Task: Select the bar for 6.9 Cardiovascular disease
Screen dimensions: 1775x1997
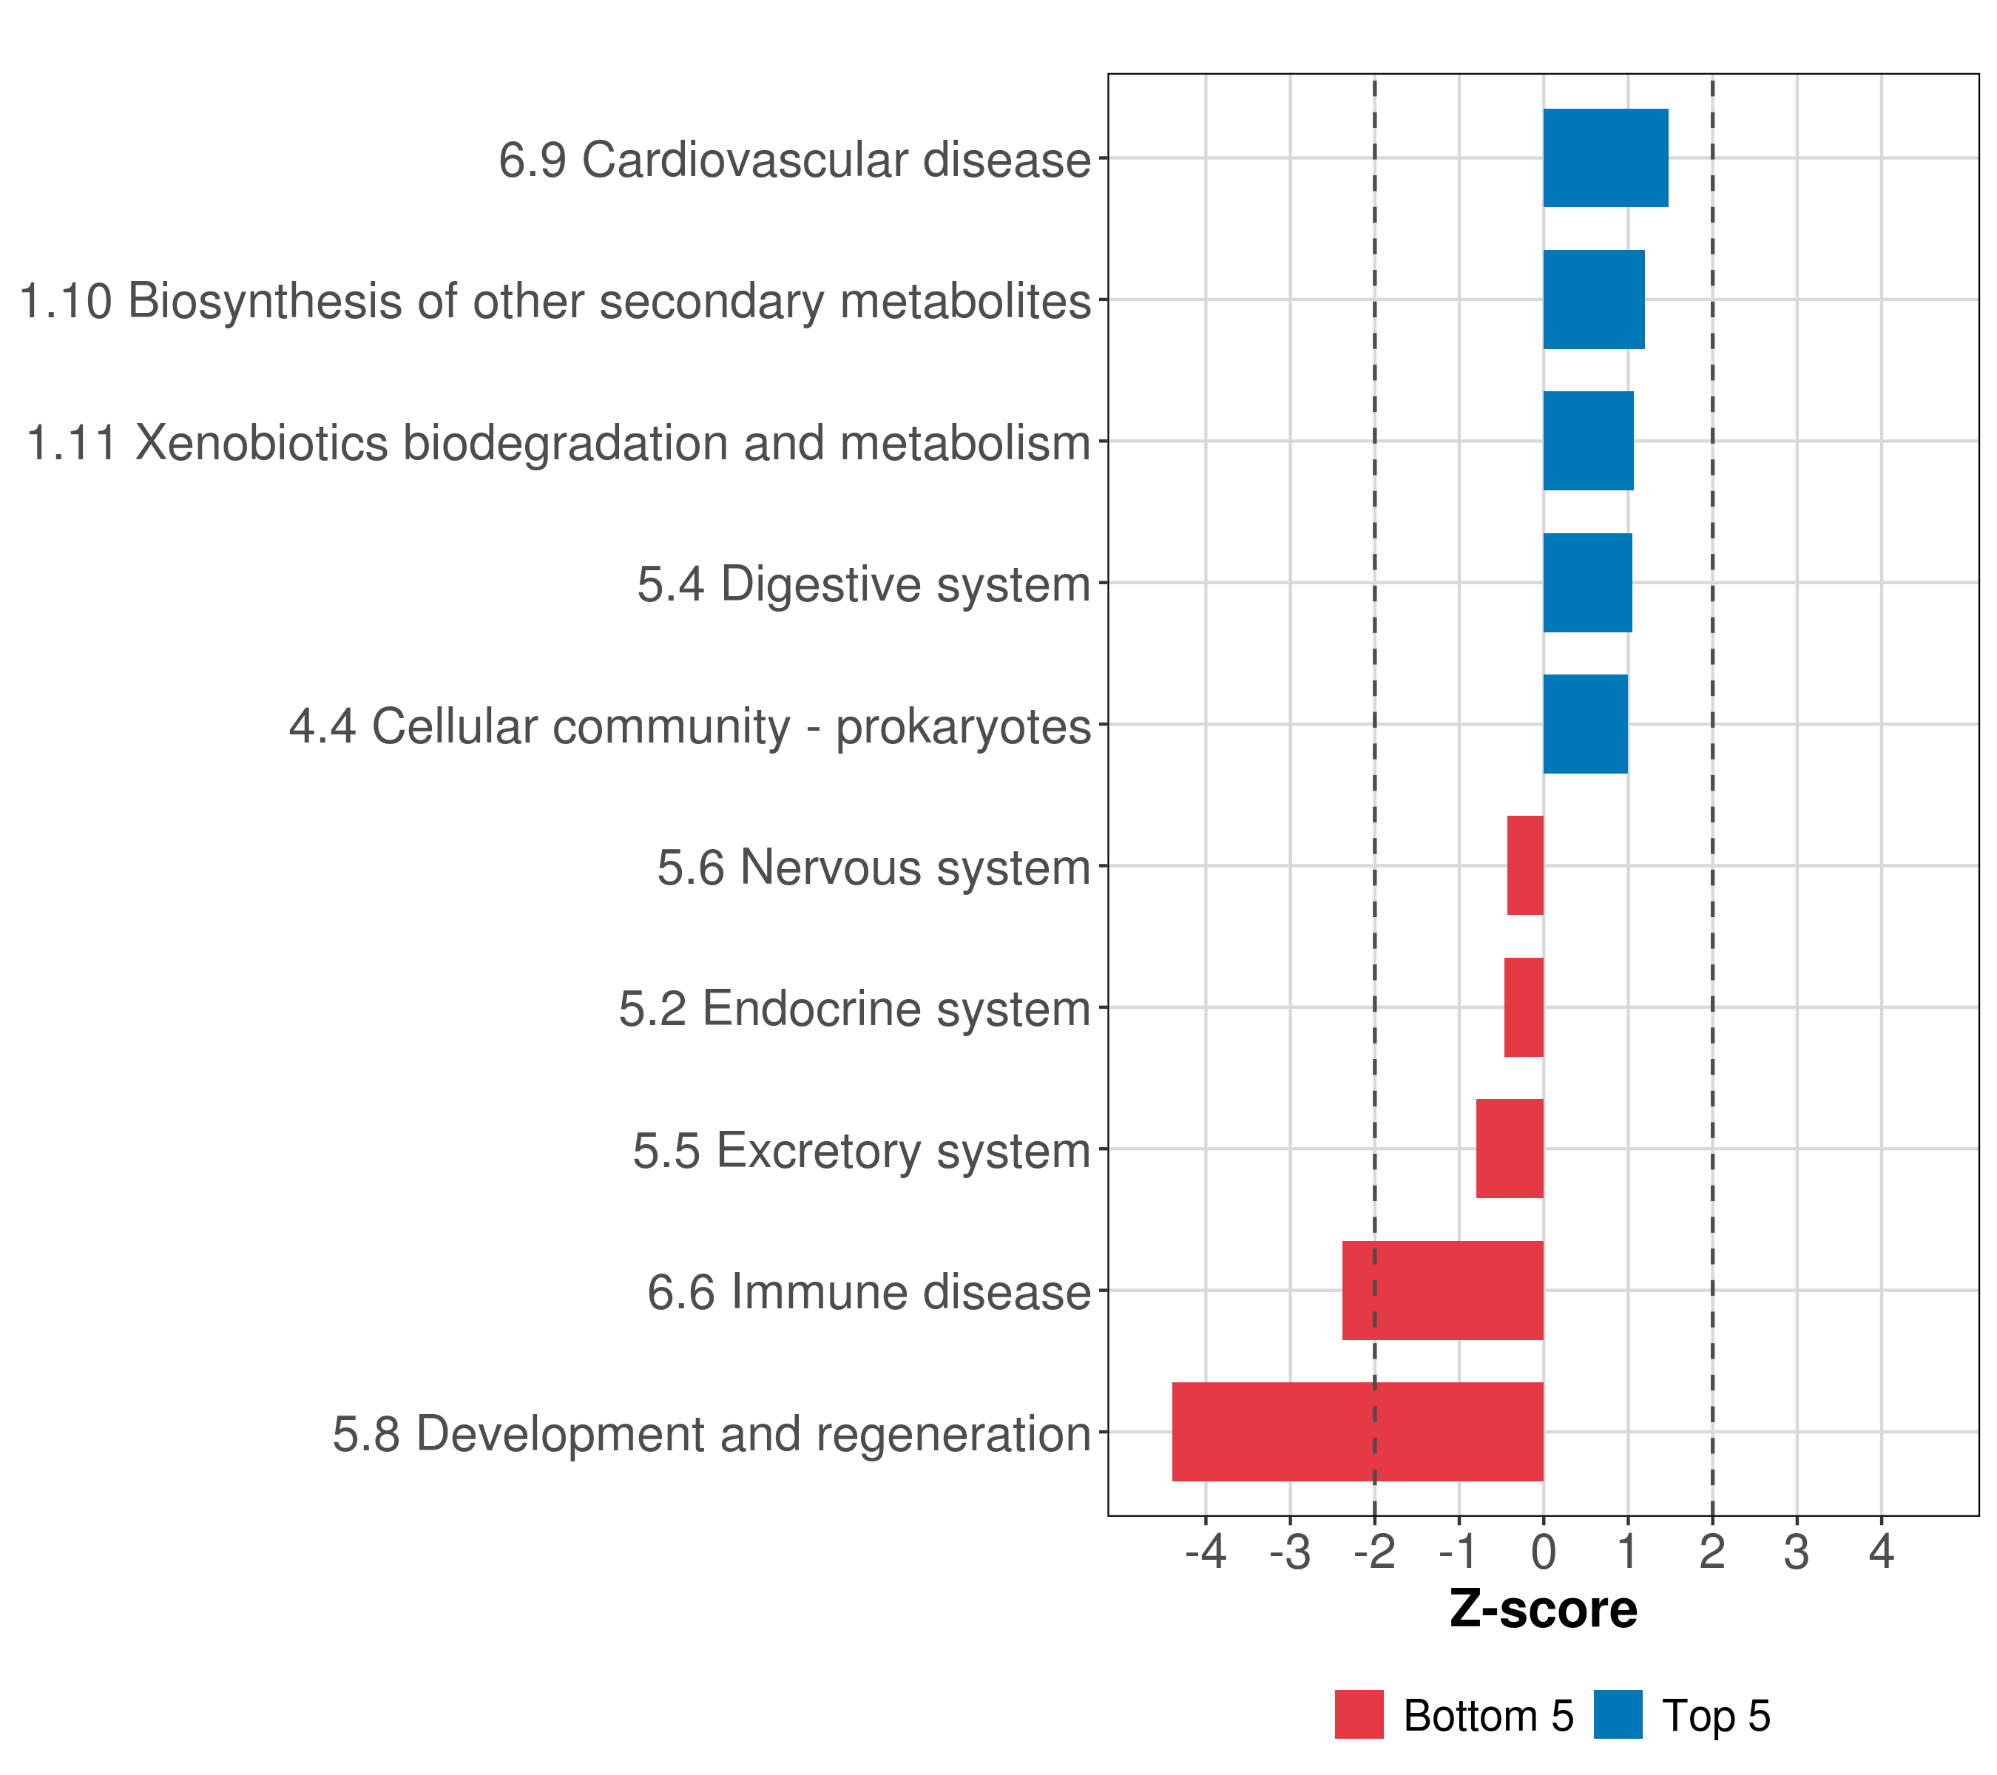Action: [1605, 158]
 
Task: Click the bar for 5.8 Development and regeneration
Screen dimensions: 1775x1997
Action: [1357, 1431]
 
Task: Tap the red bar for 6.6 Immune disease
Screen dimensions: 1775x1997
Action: [1442, 1290]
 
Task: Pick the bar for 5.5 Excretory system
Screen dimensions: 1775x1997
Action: [1510, 1148]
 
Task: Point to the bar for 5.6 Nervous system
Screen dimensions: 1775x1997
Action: [1525, 865]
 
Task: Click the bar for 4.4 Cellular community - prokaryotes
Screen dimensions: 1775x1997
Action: [1585, 724]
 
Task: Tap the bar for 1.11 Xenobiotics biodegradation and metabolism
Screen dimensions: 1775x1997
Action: [1588, 441]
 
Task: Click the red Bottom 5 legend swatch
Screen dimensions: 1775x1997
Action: [1359, 1714]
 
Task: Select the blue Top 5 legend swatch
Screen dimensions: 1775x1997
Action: [1618, 1714]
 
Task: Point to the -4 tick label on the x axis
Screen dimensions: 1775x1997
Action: [1205, 1552]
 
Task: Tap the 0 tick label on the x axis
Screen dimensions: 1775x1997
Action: [1543, 1552]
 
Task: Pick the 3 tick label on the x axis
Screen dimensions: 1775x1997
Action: [1796, 1552]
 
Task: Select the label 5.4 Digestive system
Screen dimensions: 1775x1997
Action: [864, 584]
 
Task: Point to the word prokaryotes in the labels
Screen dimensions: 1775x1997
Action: [962, 727]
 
